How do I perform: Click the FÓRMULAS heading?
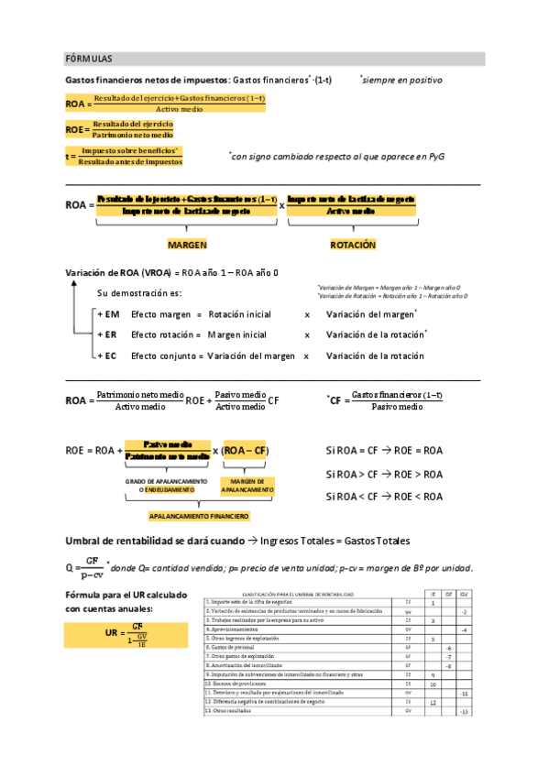click(89, 59)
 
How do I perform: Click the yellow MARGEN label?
click(187, 246)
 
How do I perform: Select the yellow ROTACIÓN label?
click(353, 246)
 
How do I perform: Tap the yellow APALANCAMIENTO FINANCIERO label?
click(199, 516)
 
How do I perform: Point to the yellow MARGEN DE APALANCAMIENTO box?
click(247, 485)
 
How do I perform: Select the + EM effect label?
click(107, 314)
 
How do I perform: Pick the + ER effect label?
click(107, 334)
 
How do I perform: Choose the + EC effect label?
click(107, 356)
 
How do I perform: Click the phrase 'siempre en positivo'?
click(402, 80)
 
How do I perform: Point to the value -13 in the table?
click(465, 711)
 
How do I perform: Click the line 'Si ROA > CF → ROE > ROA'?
click(384, 475)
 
